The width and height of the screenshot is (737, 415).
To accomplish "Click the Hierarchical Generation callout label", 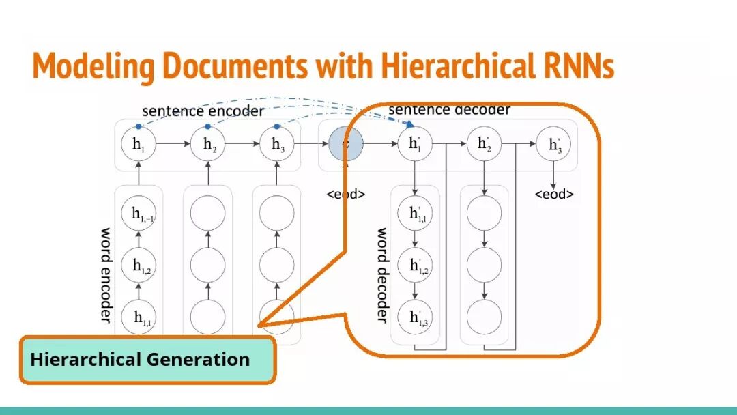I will [x=140, y=359].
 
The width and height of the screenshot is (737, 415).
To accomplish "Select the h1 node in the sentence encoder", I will [x=139, y=144].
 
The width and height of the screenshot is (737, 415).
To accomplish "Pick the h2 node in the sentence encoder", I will [x=209, y=144].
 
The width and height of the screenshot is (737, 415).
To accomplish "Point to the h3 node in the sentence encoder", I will [x=278, y=144].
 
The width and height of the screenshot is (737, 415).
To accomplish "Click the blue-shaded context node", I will [x=345, y=144].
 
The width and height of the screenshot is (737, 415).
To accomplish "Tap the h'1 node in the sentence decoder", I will [x=415, y=144].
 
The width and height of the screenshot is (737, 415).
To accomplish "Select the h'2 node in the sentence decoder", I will [x=484, y=144].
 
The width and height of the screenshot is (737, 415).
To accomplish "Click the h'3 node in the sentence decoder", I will [x=554, y=145].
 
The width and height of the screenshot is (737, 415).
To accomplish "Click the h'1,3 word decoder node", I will [x=415, y=317].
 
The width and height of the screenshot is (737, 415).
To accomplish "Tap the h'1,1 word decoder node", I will [x=415, y=214].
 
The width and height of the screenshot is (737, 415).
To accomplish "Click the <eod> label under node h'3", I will [x=553, y=195].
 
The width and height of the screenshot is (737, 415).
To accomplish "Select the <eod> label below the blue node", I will [x=345, y=195].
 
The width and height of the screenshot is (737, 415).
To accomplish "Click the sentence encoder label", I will [x=203, y=111].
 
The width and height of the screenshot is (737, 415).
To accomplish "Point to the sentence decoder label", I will [x=449, y=110].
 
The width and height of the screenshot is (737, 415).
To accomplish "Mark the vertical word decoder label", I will [x=382, y=274].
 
